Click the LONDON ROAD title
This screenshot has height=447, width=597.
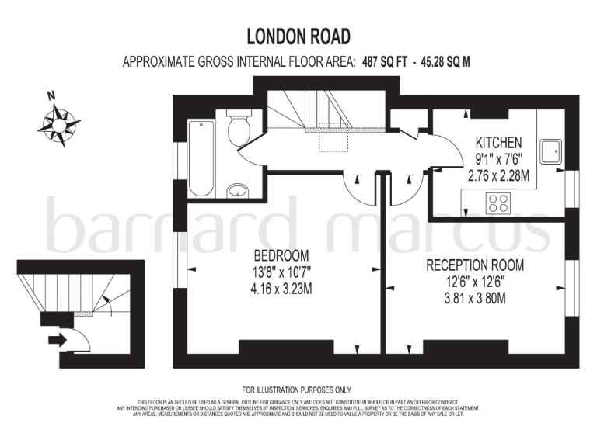298,36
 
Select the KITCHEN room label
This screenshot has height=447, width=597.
499,144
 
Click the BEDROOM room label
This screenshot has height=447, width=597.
281,255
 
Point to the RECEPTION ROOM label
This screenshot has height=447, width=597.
475,265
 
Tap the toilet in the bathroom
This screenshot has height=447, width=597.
239,128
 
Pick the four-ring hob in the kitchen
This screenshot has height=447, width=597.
497,203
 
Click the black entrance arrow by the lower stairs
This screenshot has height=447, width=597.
58,338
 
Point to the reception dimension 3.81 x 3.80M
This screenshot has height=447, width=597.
475,297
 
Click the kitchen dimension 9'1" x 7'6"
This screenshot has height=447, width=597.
499,160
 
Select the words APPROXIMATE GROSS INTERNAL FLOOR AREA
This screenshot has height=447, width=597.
239,62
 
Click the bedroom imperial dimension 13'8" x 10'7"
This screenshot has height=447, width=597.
281,272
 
